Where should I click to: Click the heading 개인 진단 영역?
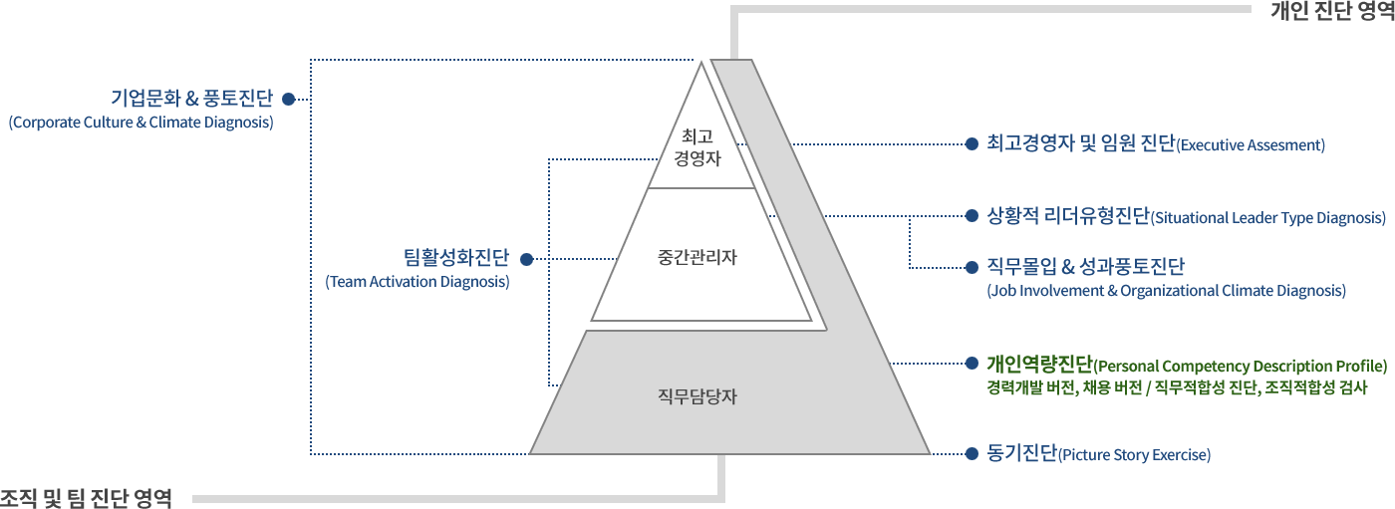[x=1332, y=11]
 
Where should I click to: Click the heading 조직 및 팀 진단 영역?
[x=86, y=498]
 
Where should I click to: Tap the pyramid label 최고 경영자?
[x=697, y=147]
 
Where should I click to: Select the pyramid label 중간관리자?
[x=697, y=257]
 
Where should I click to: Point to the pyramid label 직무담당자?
[x=697, y=396]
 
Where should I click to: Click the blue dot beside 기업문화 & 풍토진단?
[x=288, y=99]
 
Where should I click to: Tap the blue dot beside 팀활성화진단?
[x=527, y=259]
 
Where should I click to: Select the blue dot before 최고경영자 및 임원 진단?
[x=972, y=144]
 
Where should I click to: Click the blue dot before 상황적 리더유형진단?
[x=972, y=216]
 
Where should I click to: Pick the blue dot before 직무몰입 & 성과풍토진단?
[x=972, y=268]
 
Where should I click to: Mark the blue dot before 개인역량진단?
[x=972, y=364]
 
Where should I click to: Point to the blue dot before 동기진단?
[x=972, y=453]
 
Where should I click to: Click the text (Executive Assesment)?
[x=1251, y=145]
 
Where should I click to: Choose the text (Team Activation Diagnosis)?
[x=418, y=282]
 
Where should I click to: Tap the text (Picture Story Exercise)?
[x=1134, y=455]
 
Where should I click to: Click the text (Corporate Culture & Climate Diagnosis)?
[x=140, y=123]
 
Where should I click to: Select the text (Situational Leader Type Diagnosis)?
[x=1267, y=218]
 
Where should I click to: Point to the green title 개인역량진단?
[x=1040, y=364]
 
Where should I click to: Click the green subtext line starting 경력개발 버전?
[x=1177, y=387]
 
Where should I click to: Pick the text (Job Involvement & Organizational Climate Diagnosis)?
[x=1167, y=291]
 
